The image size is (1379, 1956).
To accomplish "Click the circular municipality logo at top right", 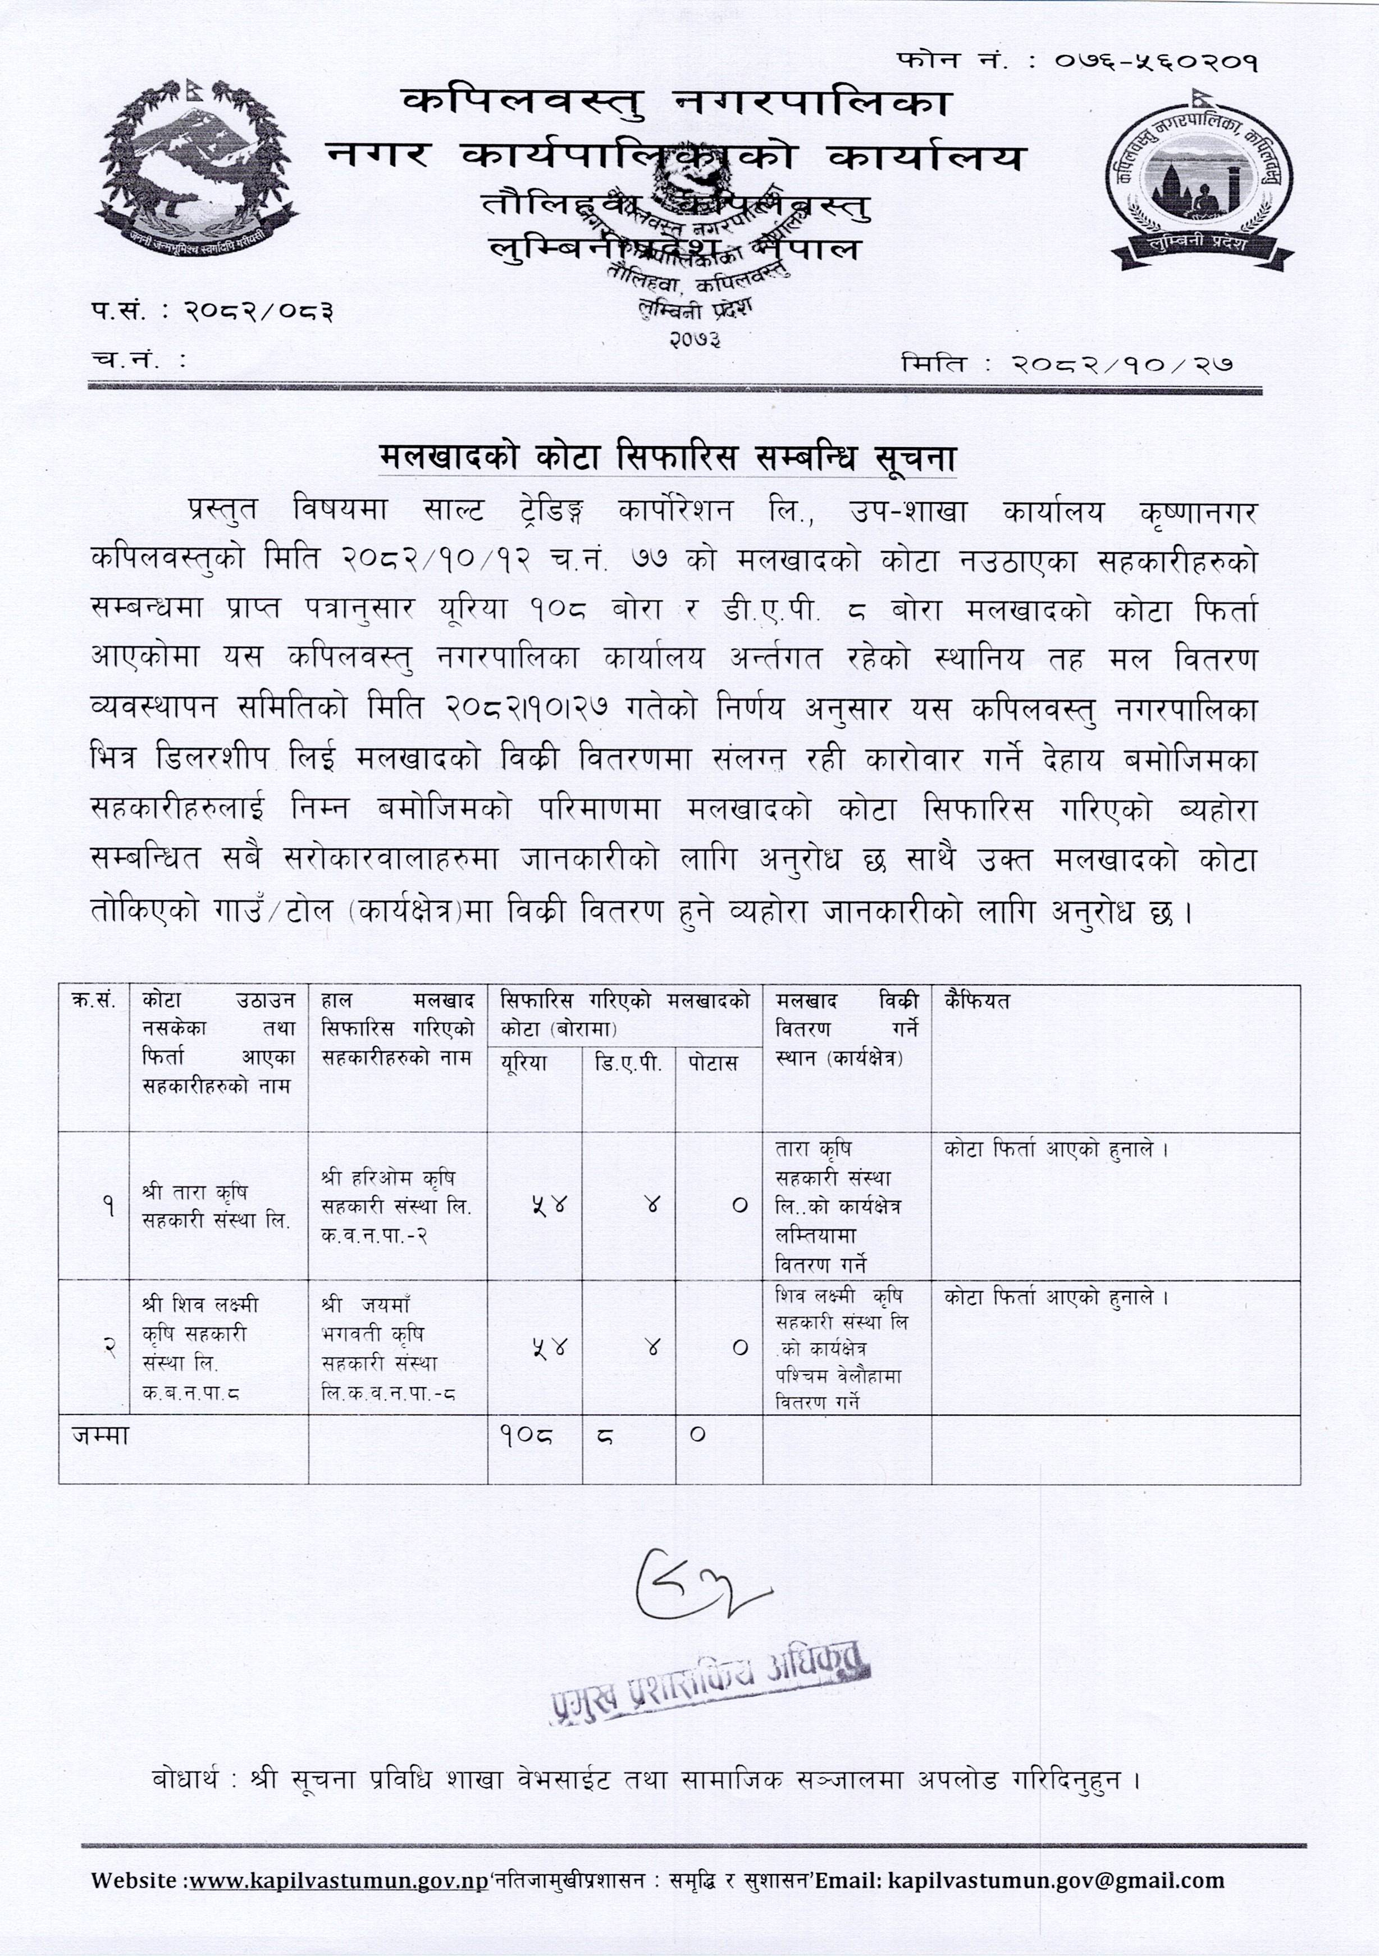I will click(1200, 181).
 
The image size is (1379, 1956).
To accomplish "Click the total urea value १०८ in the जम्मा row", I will click(526, 1435).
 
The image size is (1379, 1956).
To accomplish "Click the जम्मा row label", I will click(101, 1435).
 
